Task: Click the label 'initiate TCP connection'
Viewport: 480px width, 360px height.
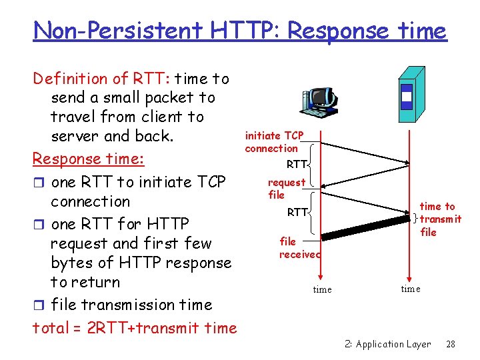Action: click(273, 142)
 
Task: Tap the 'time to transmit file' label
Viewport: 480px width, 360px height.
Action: click(439, 219)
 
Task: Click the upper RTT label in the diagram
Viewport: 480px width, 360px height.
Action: click(297, 164)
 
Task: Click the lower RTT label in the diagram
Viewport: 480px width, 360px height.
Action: click(297, 213)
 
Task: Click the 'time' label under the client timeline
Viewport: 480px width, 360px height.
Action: click(322, 290)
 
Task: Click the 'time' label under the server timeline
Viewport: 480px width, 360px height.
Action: click(411, 289)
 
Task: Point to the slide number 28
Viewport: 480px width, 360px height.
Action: click(450, 344)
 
